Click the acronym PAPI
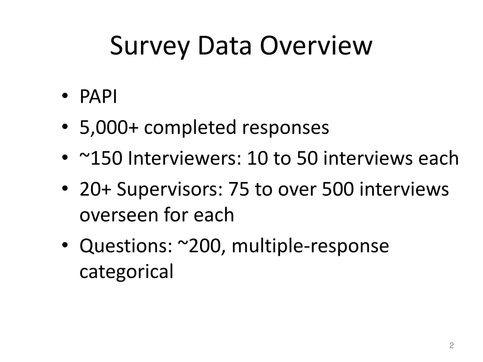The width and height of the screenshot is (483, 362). tap(98, 98)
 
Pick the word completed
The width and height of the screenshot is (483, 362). tap(190, 128)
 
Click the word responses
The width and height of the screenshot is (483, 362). tap(285, 128)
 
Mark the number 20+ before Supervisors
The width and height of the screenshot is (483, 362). tap(96, 189)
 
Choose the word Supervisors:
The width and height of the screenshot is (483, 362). tap(170, 189)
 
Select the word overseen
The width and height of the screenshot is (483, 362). tap(119, 215)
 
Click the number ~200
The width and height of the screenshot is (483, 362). tap(202, 246)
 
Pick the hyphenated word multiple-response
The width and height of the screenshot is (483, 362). tap(310, 246)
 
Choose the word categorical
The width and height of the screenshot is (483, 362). tap(126, 272)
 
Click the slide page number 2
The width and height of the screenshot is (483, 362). tap(451, 346)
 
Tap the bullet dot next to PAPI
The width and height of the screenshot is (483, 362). tap(65, 98)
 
